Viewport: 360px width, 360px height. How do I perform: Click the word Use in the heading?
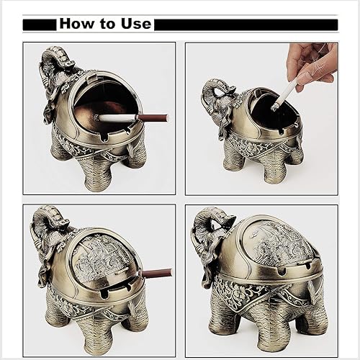[135, 24]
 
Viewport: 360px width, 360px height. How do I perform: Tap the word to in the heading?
[107, 24]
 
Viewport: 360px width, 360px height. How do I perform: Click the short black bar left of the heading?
[39, 24]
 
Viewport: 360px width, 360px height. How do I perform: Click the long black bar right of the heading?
[246, 24]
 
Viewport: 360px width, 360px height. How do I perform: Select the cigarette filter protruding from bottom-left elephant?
[157, 273]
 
